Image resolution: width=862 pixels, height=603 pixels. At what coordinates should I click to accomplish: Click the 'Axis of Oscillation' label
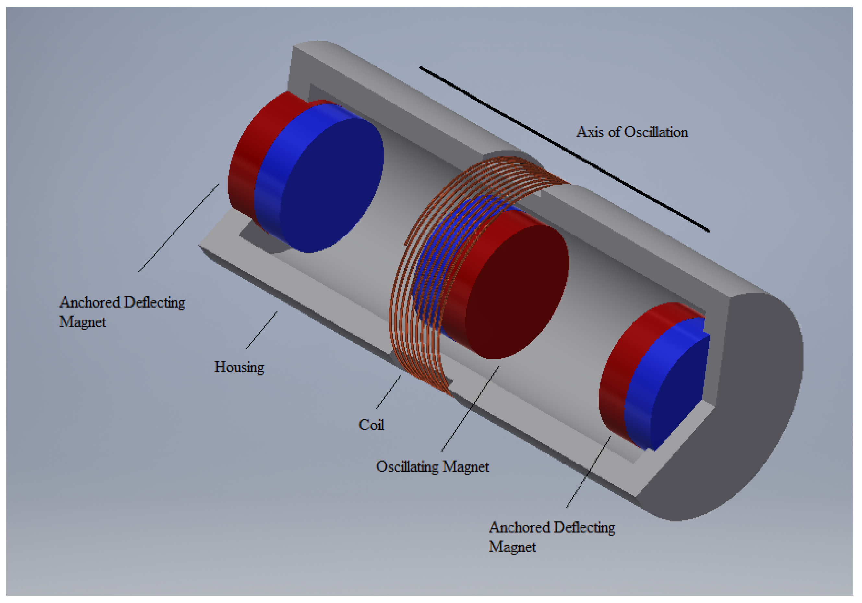pos(632,132)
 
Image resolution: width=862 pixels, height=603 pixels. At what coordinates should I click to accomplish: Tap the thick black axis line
pos(563,148)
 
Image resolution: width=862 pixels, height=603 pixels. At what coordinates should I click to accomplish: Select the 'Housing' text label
pos(239,367)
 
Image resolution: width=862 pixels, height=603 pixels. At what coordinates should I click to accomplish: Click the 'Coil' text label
pos(371,425)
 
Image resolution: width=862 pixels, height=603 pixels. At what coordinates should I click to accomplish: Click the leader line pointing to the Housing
pos(262,331)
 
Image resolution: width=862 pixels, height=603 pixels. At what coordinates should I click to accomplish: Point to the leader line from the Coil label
pos(388,392)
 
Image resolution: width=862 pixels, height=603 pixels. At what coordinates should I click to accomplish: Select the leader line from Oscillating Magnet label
pos(470,409)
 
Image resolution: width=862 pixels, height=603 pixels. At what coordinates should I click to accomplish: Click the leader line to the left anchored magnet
pos(178,228)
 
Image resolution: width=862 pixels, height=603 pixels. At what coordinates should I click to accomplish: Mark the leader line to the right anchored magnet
pos(588,472)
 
